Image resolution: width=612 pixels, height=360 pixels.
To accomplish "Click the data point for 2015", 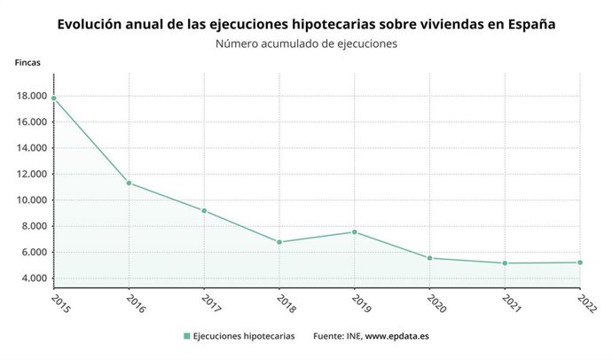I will (x=54, y=98).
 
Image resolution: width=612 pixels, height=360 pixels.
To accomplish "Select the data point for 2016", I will (x=129, y=183).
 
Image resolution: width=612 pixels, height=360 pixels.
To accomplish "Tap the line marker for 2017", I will (x=205, y=211).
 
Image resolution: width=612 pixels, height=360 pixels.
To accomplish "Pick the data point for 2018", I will (x=279, y=242).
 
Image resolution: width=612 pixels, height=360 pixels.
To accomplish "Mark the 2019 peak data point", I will (x=355, y=232).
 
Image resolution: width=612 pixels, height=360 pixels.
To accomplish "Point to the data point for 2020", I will (x=430, y=258).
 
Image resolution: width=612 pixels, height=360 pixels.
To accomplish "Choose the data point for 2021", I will (x=505, y=263).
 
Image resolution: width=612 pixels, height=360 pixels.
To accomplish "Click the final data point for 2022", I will (x=580, y=262).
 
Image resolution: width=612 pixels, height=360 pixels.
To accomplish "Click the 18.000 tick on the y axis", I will (x=33, y=96).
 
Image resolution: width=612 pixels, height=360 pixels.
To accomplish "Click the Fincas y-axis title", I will (x=27, y=63).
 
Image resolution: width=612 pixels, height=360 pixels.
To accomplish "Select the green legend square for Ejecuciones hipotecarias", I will (x=187, y=336).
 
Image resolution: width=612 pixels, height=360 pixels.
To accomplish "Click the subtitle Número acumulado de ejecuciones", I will (x=306, y=43).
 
